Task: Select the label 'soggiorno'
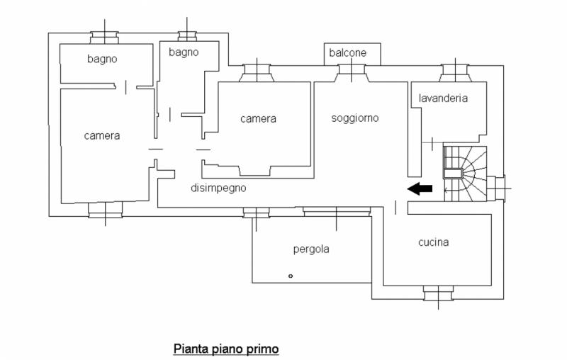tap(355, 119)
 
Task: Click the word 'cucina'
tap(433, 243)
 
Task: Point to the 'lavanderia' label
tap(443, 99)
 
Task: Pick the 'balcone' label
tap(347, 53)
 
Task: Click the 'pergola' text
tap(312, 249)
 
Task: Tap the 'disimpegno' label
tap(218, 189)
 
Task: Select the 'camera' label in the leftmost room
tap(101, 135)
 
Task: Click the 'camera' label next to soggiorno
tap(258, 119)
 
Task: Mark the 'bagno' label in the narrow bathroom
tap(184, 52)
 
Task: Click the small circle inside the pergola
tap(290, 274)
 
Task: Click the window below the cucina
tap(437, 291)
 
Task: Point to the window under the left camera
tap(106, 210)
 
